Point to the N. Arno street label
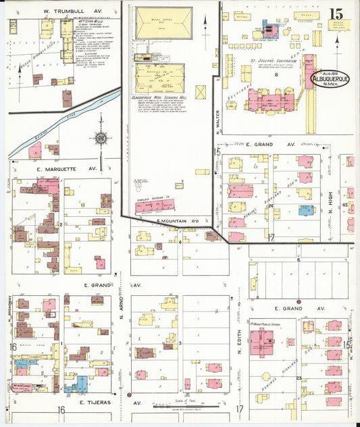point(122,300)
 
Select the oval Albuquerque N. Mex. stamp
point(330,80)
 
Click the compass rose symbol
point(101,139)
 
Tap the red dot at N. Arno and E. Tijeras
point(129,394)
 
